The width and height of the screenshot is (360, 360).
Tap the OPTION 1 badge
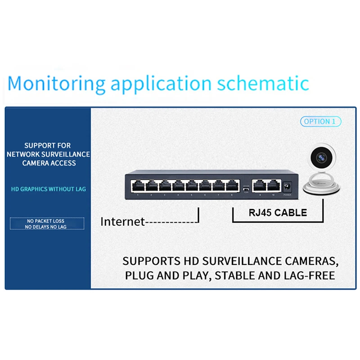[320, 121]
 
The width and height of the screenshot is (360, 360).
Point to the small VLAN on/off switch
[245, 190]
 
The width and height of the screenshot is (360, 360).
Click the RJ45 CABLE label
[278, 213]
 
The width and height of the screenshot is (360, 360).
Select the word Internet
[122, 221]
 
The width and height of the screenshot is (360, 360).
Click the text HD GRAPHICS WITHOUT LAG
[48, 189]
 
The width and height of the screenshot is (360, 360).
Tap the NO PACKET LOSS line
[45, 221]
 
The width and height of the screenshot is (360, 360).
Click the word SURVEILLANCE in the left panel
[67, 154]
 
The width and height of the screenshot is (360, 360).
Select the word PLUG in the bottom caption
[139, 275]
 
